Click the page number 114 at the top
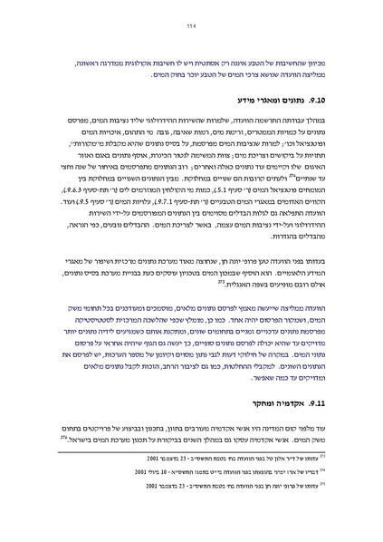[x=190, y=26]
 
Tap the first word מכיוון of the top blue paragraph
[x=327, y=54]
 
